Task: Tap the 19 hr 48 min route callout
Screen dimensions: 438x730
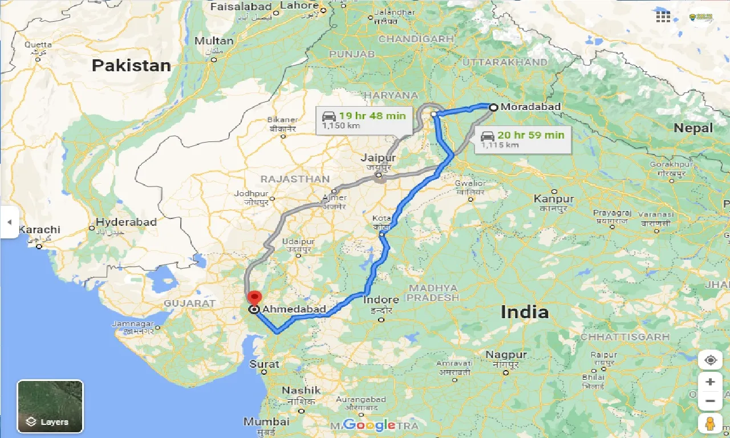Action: click(363, 120)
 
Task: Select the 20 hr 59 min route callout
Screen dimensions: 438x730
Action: click(522, 139)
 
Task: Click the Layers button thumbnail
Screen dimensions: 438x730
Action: click(50, 406)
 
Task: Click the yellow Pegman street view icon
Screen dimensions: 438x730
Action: click(709, 424)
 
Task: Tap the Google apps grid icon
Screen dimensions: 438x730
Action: click(663, 17)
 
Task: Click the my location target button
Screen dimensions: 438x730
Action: click(710, 360)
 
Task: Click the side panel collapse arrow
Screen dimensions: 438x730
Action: click(9, 222)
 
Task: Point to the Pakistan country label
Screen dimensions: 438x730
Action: click(131, 66)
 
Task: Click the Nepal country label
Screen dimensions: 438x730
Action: click(693, 128)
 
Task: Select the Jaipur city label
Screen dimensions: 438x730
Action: click(378, 157)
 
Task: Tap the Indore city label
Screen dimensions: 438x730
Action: click(380, 300)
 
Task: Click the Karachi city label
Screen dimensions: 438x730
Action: click(39, 230)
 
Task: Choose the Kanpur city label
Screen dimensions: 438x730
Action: click(554, 198)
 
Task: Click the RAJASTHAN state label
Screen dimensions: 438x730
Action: click(295, 179)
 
